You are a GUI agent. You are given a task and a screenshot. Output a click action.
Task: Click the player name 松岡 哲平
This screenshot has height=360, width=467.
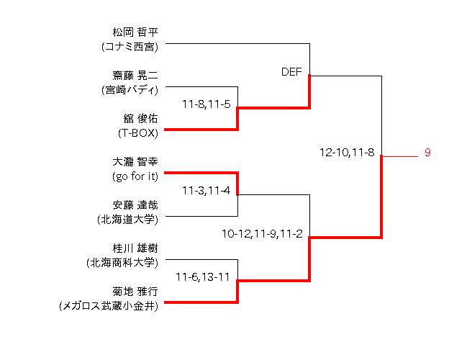point(135,32)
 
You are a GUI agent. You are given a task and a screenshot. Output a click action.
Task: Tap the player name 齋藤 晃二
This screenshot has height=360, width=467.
point(135,76)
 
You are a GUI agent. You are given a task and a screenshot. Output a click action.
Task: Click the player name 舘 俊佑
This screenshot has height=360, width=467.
point(140,119)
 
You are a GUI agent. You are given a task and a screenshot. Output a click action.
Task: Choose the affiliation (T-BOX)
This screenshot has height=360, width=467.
point(137,133)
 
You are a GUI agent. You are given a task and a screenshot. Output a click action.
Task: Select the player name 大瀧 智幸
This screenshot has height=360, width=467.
point(135,162)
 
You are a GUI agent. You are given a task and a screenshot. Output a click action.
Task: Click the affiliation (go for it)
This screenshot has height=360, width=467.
point(135,176)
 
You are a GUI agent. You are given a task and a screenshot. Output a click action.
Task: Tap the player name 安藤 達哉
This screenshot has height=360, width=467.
point(135,205)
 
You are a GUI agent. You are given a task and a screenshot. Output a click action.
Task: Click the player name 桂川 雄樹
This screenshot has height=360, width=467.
point(135,248)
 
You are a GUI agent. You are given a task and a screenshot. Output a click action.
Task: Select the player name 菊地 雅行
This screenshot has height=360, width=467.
point(135,292)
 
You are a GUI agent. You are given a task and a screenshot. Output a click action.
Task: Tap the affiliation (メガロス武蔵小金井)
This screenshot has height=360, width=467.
point(109,306)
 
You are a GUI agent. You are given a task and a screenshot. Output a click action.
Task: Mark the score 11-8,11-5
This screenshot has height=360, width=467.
point(206,104)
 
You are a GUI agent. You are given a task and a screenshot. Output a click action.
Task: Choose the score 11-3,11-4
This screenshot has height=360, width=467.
point(206,191)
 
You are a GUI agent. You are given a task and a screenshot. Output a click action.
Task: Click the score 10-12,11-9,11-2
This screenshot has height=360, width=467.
point(262,234)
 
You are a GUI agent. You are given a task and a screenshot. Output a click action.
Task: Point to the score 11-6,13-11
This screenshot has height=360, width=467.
point(203,277)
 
